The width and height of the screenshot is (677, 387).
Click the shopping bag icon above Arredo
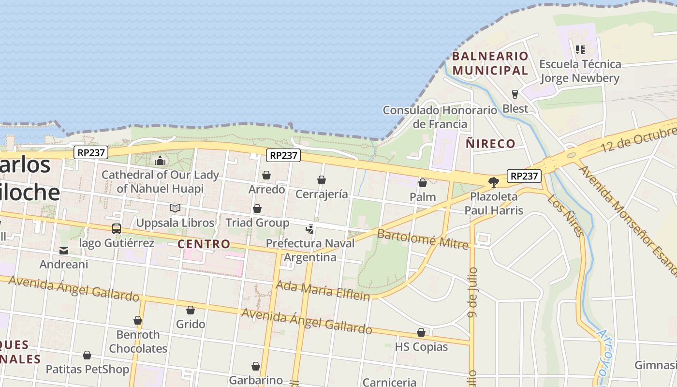click(266, 175)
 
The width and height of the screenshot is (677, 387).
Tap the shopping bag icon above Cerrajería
click(322, 180)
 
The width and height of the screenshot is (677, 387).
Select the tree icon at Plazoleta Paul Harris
click(494, 182)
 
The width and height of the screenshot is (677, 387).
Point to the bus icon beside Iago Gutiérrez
click(117, 229)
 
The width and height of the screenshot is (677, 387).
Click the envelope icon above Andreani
click(64, 251)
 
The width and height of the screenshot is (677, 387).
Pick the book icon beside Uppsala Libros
click(175, 208)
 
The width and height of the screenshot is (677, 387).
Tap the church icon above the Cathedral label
click(160, 161)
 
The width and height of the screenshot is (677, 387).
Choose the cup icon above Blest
click(515, 94)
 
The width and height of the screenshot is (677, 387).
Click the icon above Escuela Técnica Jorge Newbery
click(580, 49)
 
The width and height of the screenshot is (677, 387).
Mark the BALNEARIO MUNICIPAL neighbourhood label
click(490, 63)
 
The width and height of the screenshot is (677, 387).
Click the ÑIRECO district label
click(490, 144)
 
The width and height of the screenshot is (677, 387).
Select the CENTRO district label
click(204, 244)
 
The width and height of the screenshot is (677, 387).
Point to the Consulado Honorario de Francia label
click(440, 117)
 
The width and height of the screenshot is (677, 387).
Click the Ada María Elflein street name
click(323, 291)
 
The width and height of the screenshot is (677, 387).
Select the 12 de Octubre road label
click(637, 136)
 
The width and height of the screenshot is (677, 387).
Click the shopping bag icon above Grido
click(191, 311)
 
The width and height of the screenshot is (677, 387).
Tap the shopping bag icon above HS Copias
click(421, 333)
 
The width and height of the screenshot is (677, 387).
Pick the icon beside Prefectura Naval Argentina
click(310, 229)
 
